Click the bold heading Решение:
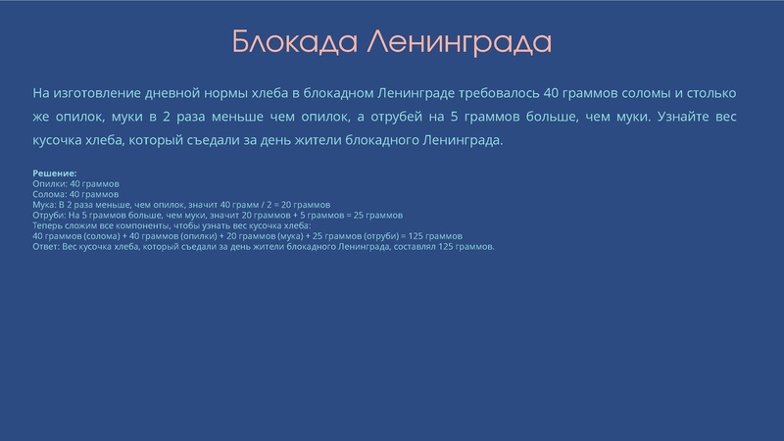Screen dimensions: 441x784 tap(55, 173)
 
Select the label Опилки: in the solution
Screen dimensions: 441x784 tap(50, 184)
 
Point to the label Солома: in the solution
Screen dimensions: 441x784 tap(51, 194)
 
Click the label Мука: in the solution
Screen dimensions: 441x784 tap(45, 205)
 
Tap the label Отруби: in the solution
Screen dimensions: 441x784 tap(50, 215)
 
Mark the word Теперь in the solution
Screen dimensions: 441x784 tap(48, 225)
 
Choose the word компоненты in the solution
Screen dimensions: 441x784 tap(147, 225)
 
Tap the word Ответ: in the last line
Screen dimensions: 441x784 tap(46, 246)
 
